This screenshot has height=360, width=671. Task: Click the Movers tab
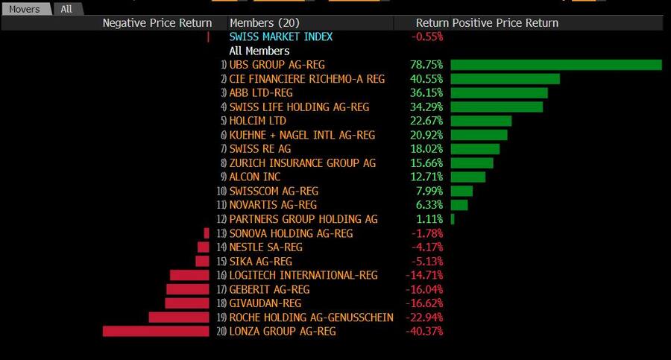[25, 9]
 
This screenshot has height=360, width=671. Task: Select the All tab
[67, 9]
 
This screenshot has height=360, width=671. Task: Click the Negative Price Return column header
[157, 23]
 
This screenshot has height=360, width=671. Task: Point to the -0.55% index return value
[427, 37]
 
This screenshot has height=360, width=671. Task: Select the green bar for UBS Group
[556, 65]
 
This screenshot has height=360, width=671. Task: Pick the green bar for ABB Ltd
[499, 93]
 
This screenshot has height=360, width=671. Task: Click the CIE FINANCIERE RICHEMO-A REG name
[307, 79]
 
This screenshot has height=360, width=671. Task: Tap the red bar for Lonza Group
[156, 331]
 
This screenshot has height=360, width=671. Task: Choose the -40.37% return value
[424, 331]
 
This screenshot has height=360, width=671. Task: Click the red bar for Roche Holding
[179, 318]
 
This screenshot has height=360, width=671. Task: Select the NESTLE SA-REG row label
[266, 247]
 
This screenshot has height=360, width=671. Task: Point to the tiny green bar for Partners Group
[453, 219]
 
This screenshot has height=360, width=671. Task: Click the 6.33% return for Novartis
[429, 205]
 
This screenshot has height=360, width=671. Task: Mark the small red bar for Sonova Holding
[207, 233]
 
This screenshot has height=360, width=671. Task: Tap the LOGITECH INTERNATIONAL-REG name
[303, 275]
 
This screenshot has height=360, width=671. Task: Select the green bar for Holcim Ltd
[481, 121]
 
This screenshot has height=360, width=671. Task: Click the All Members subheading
[259, 51]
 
